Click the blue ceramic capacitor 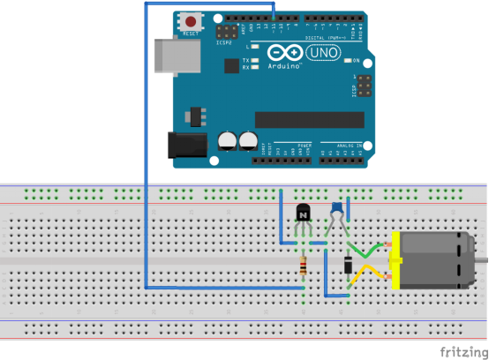click(337, 208)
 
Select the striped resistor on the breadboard click(305, 265)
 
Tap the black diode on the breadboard click(348, 262)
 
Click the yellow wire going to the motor click(365, 276)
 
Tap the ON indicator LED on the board click(347, 61)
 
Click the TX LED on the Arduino click(254, 60)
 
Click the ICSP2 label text click(223, 41)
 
